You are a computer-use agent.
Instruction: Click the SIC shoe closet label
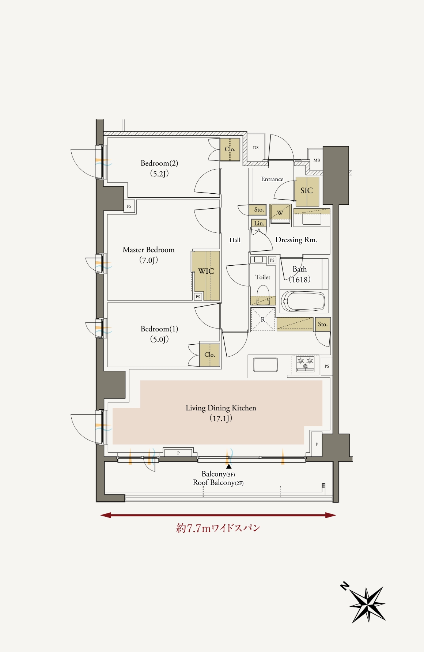(x=307, y=190)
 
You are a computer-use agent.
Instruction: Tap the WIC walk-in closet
(x=206, y=276)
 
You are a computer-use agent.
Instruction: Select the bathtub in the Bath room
(x=303, y=301)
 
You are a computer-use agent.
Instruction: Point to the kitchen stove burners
(x=305, y=364)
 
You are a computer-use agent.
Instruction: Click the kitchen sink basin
(x=265, y=365)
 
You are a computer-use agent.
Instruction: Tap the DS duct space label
(x=255, y=148)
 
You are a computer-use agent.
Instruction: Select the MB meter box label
(x=317, y=160)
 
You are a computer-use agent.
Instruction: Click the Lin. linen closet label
(x=259, y=223)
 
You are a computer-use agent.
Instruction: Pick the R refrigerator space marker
(x=263, y=319)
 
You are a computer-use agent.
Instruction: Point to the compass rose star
(x=367, y=604)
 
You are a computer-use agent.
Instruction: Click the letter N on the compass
(x=344, y=586)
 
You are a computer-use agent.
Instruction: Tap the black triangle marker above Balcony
(x=229, y=466)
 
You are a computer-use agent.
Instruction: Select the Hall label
(x=235, y=240)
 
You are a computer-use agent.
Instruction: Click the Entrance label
(x=272, y=179)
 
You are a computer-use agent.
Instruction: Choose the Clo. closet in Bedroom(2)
(x=230, y=149)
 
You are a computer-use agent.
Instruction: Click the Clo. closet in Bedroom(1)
(x=209, y=355)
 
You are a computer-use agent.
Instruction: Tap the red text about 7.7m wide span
(x=218, y=528)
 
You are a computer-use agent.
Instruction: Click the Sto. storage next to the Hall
(x=259, y=210)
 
